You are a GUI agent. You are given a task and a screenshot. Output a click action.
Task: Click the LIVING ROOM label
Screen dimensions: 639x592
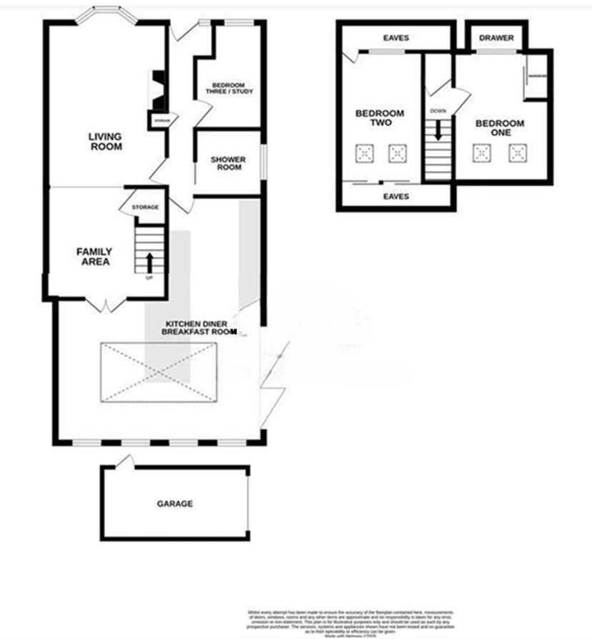105,142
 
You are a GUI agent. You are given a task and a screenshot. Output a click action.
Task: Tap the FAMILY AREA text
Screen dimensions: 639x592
94,256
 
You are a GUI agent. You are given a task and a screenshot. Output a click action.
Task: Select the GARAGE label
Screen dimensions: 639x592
174,504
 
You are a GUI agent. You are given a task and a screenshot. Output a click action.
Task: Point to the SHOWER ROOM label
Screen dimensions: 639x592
228,163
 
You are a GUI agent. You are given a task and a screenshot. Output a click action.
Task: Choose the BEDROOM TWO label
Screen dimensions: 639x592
380,118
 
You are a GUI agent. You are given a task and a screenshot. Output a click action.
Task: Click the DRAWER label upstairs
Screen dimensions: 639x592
496,38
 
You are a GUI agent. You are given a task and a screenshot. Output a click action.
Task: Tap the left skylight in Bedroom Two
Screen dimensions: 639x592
365,153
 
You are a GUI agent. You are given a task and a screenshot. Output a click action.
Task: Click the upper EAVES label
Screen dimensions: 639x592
395,38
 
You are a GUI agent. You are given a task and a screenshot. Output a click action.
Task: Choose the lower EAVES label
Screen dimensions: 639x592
395,195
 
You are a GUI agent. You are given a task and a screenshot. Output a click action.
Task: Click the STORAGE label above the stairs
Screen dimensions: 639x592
145,208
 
